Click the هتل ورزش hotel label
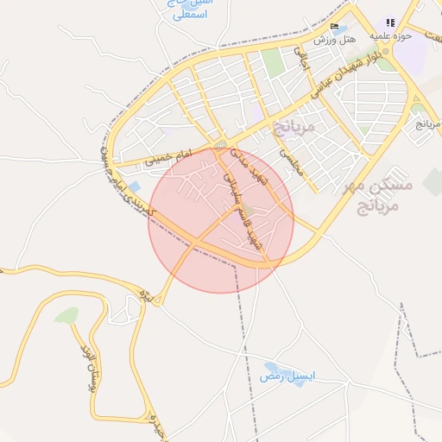tap(330, 40)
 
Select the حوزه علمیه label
tap(389, 36)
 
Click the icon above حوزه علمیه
tap(389, 23)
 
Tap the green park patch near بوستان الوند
tap(66, 316)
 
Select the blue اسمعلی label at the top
tap(190, 15)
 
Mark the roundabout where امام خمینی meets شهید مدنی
tap(222, 143)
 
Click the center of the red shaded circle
tap(221, 220)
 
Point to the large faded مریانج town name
tap(295, 128)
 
